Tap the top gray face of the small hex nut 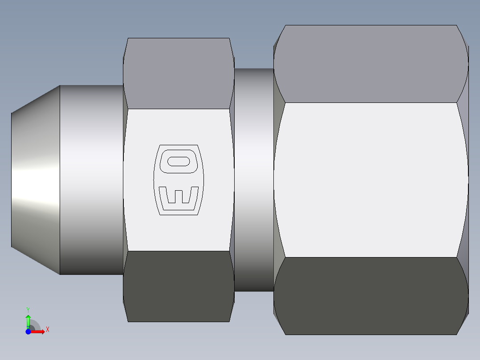178,74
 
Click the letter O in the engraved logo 178,161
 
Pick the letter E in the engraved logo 178,198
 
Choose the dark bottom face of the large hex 370,296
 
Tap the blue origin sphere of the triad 28,331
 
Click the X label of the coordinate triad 48,330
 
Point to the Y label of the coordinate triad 28,309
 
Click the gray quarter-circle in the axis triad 35,326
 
